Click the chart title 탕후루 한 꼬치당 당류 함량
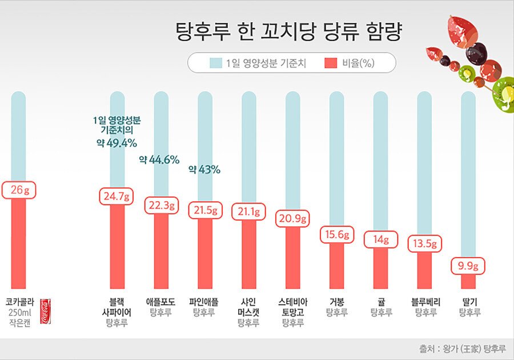point(288,31)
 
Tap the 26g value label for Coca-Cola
point(19,190)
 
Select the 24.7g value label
point(117,197)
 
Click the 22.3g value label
point(161,205)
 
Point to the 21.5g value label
point(205,210)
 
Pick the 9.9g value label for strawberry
point(468,266)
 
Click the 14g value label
point(380,240)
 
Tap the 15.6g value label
point(336,234)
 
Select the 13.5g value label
point(424,244)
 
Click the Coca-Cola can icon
point(45,311)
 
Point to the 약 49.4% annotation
point(117,142)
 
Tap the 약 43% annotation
point(204,170)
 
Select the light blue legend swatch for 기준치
point(215,63)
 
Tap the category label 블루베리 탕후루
point(425,307)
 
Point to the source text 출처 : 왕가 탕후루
point(463,348)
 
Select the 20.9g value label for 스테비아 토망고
point(292,218)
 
